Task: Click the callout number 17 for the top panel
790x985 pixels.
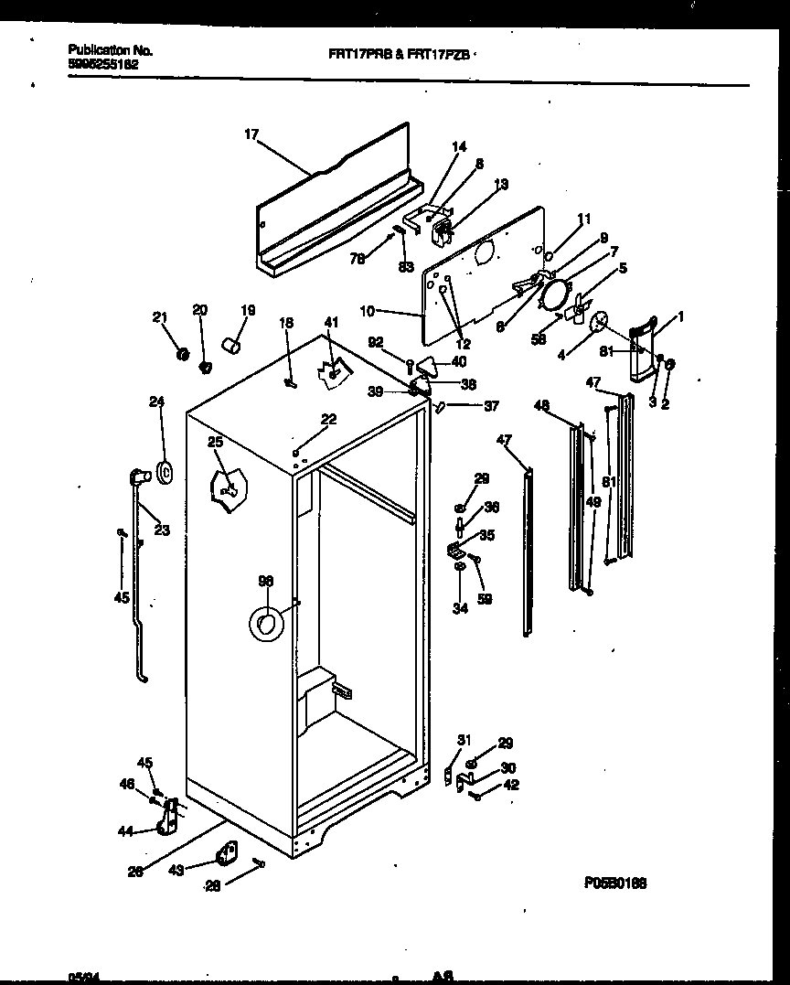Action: (x=251, y=134)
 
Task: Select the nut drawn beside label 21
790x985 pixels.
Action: (x=181, y=352)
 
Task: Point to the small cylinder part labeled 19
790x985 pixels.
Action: (x=234, y=347)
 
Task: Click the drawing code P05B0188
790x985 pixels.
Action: (x=615, y=883)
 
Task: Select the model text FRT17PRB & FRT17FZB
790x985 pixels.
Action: (x=399, y=54)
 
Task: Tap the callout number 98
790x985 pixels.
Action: (x=265, y=581)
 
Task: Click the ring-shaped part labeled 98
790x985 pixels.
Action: (x=266, y=624)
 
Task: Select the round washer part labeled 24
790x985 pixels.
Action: (x=165, y=472)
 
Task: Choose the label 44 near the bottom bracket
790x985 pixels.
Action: (x=125, y=831)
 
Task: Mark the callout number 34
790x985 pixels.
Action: (x=460, y=608)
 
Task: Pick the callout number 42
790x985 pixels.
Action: (x=511, y=784)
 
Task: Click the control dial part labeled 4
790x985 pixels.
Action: (x=601, y=321)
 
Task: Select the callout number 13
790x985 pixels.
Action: (x=501, y=185)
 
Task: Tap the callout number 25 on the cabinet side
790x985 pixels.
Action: (x=215, y=443)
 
